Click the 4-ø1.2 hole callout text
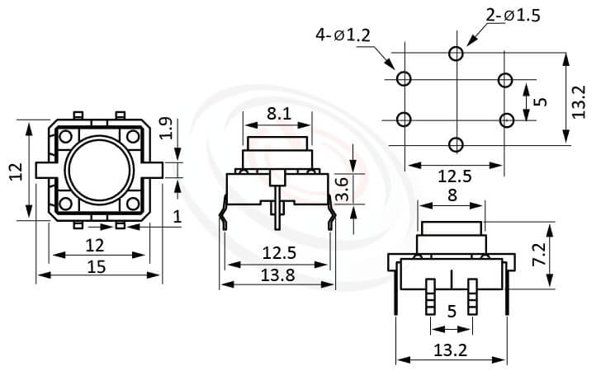point(343,35)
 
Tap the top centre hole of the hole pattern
point(455,54)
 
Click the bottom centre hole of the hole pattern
point(455,145)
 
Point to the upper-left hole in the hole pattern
point(404,79)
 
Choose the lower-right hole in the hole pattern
point(506,120)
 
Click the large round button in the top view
point(98,170)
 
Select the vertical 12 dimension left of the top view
point(16,171)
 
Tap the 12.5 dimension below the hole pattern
point(454,176)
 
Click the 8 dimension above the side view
point(451,195)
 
